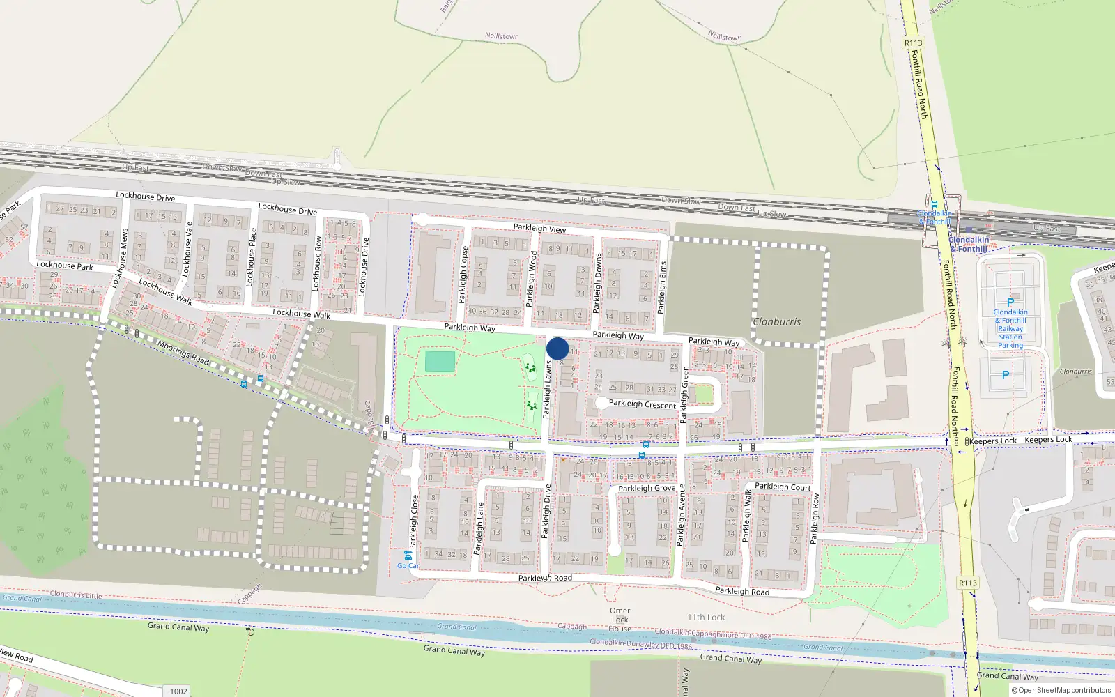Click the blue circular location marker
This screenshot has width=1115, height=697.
point(557,348)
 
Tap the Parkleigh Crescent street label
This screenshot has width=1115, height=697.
point(642,404)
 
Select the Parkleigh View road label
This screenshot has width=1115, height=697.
point(539,228)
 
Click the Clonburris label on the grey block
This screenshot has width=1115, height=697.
point(777,322)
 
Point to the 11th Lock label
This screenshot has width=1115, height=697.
point(706,618)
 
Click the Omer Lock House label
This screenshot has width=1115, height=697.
point(620,620)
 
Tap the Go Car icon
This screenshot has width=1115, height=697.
point(408,556)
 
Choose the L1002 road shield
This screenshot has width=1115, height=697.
point(176,691)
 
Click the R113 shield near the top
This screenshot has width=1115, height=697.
point(913,43)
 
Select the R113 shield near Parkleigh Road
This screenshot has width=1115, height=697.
point(968,583)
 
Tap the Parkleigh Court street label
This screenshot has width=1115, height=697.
point(783,487)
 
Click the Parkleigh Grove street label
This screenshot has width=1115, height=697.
point(647,489)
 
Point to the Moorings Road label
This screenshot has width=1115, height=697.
point(183,353)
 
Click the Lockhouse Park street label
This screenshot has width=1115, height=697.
point(65,266)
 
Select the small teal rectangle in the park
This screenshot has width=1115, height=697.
point(440,362)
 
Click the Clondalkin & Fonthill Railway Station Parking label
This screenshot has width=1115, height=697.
point(1010,328)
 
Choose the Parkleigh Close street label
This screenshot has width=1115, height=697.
point(415,521)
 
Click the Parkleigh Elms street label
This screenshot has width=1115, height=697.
point(663,286)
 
